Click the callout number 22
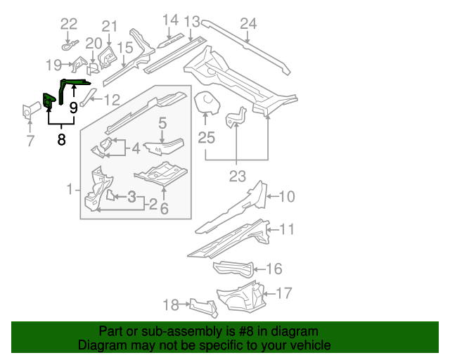(x=68, y=24)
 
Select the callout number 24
(x=248, y=25)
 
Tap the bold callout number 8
(x=62, y=139)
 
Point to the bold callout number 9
(x=73, y=109)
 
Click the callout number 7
(x=30, y=141)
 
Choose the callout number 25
(x=206, y=138)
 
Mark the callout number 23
(x=236, y=176)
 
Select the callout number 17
(x=285, y=293)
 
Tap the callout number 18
(x=171, y=304)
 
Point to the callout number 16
(x=274, y=269)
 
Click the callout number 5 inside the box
(x=162, y=123)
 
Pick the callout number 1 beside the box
(x=70, y=189)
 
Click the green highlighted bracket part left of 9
(x=49, y=101)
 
